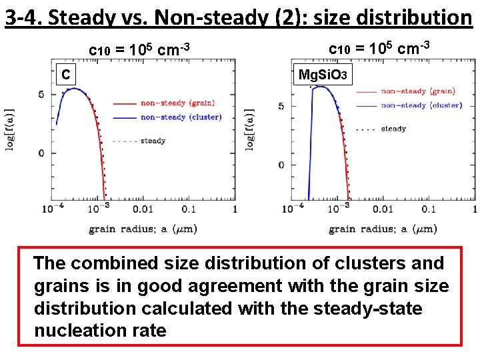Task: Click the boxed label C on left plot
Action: pyautogui.click(x=65, y=75)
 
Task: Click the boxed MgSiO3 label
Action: pyautogui.click(x=322, y=75)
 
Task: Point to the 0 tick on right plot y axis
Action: pyautogui.click(x=282, y=165)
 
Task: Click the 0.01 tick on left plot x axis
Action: pyautogui.click(x=143, y=209)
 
